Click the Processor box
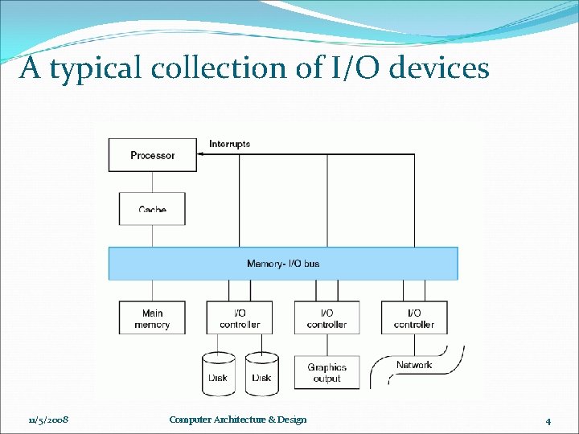(153, 155)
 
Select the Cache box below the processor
(152, 208)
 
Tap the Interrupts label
(229, 145)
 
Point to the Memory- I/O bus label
(283, 264)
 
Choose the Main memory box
(152, 318)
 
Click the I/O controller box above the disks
(240, 318)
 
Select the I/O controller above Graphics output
(326, 318)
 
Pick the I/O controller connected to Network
(414, 318)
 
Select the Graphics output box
(326, 373)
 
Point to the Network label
(414, 365)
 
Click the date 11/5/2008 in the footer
(48, 420)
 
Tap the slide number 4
(548, 420)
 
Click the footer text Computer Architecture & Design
(238, 420)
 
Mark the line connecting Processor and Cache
(152, 182)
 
